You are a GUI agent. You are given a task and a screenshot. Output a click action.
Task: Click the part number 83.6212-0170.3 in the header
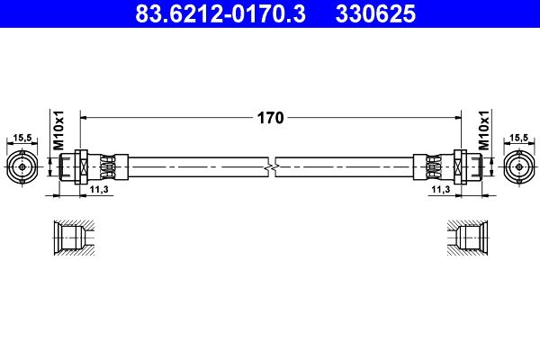(x=220, y=13)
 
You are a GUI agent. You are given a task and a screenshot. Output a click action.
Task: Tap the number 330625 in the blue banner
(x=375, y=13)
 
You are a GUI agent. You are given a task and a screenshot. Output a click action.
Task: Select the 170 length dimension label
(x=270, y=118)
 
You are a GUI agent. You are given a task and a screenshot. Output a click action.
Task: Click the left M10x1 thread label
(x=58, y=130)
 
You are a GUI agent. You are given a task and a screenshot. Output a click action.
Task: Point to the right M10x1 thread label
(x=484, y=130)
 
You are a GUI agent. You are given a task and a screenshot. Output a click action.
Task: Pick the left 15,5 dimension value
(x=22, y=138)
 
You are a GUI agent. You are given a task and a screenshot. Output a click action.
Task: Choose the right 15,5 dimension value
(x=519, y=138)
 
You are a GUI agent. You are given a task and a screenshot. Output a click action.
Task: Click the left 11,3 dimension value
(x=99, y=189)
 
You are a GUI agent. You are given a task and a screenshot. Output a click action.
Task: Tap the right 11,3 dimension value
(x=441, y=189)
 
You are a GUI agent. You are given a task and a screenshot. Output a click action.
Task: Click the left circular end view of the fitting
(x=22, y=167)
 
